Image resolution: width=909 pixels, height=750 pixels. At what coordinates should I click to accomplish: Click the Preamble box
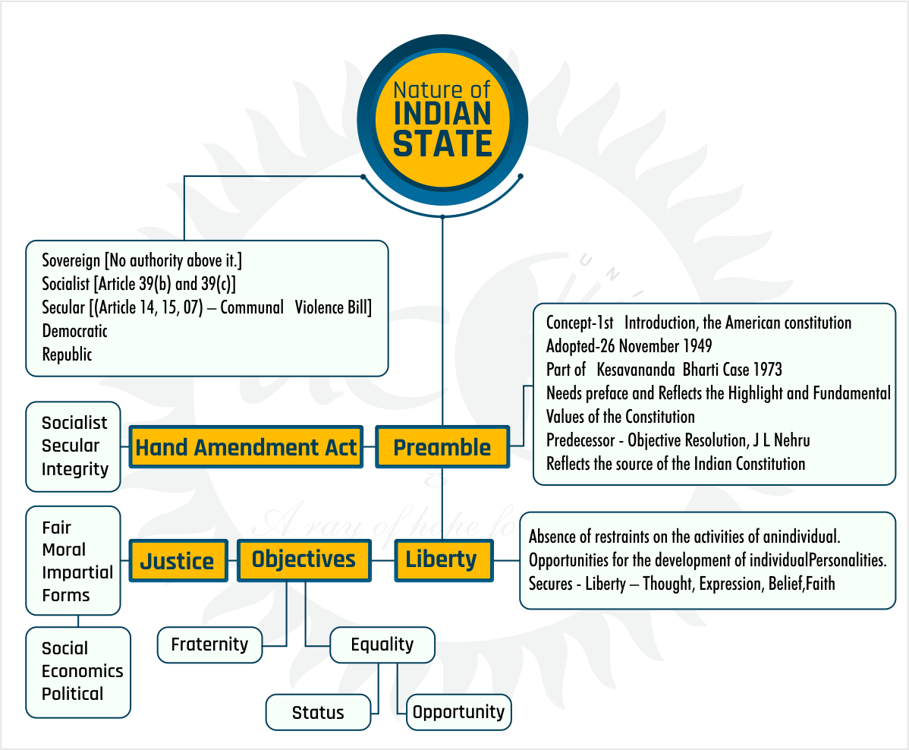(x=442, y=447)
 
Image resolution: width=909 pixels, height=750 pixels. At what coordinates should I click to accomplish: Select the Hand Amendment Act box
(x=246, y=447)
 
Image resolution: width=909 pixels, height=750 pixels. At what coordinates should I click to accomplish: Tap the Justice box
(x=178, y=561)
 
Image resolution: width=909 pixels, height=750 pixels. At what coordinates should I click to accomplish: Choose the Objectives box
(x=304, y=559)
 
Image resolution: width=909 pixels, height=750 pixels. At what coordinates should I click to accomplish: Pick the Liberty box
(x=442, y=560)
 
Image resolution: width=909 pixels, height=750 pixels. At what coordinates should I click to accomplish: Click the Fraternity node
(x=209, y=644)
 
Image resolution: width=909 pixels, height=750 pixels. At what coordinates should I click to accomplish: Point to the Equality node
(x=382, y=644)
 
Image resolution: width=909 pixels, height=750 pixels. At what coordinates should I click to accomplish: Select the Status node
(x=318, y=713)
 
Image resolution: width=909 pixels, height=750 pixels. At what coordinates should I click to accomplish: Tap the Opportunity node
(x=458, y=712)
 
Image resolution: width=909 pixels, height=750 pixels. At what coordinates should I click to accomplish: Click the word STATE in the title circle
(x=442, y=143)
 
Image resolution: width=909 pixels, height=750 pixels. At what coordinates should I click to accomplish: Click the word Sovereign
(x=71, y=260)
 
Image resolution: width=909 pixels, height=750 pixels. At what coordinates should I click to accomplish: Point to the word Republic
(x=67, y=355)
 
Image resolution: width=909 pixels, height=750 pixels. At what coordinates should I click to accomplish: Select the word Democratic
(x=74, y=331)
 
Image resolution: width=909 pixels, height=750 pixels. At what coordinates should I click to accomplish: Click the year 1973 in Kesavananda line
(x=763, y=370)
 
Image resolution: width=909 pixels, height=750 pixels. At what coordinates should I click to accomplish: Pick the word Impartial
(x=77, y=572)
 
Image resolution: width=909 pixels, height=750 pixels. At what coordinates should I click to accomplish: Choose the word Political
(x=73, y=694)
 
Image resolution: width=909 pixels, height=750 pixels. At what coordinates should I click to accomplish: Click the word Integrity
(x=75, y=469)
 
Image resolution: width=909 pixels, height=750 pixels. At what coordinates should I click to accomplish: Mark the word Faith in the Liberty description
(x=818, y=583)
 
